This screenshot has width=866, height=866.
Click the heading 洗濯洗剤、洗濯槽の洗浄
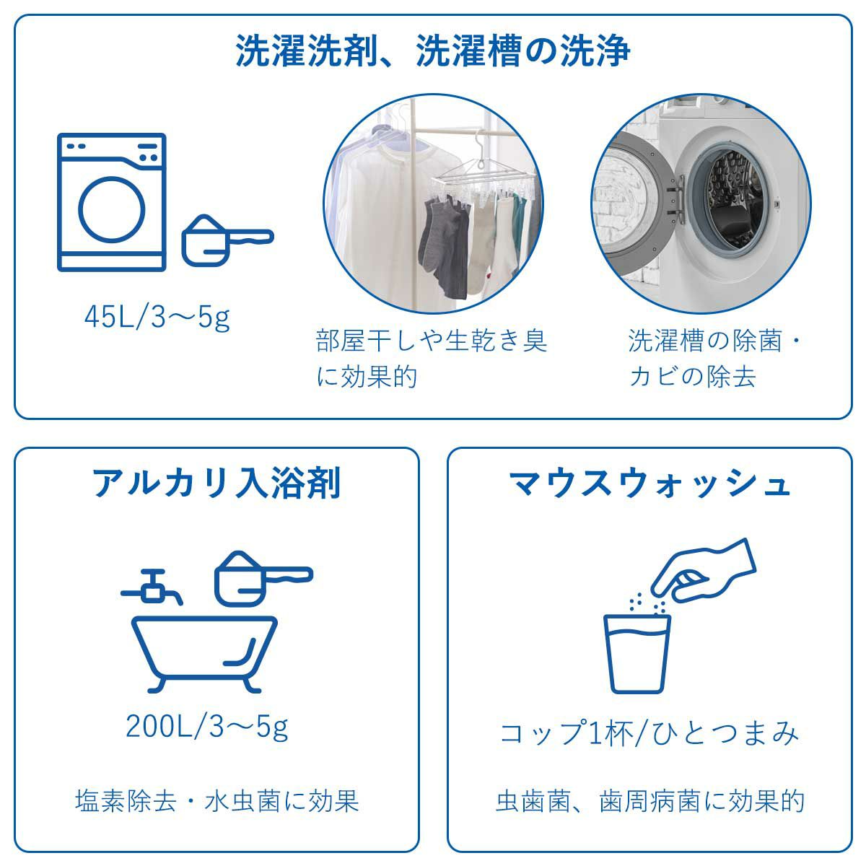pyautogui.click(x=433, y=51)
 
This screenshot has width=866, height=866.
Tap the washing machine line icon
pyautogui.click(x=112, y=203)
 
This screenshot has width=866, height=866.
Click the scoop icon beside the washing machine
pyautogui.click(x=224, y=239)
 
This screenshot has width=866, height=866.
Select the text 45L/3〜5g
pyautogui.click(x=157, y=318)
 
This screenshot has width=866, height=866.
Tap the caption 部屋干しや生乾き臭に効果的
pyautogui.click(x=431, y=358)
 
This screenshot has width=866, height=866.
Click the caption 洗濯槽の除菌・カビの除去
pyautogui.click(x=714, y=358)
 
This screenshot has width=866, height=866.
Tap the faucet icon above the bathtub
pyautogui.click(x=153, y=585)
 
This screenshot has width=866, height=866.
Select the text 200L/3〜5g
pyautogui.click(x=207, y=726)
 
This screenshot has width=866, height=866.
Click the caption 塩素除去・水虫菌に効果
pyautogui.click(x=216, y=801)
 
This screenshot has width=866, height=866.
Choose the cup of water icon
pyautogui.click(x=637, y=652)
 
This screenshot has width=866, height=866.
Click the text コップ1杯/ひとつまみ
pyautogui.click(x=649, y=734)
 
